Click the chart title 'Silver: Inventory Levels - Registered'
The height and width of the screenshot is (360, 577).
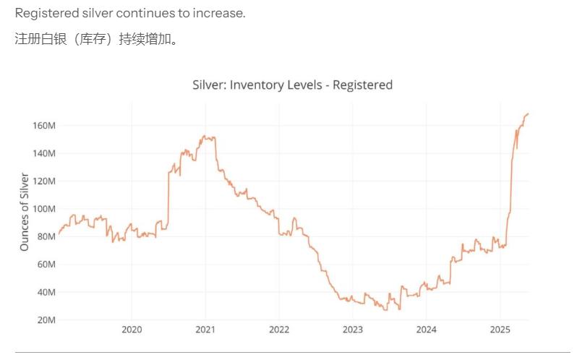click(292, 85)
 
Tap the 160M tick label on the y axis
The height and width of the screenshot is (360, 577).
click(44, 126)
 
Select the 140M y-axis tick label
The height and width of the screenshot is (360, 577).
click(44, 153)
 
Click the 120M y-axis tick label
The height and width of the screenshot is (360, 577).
click(44, 181)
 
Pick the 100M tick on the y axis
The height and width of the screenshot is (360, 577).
click(44, 209)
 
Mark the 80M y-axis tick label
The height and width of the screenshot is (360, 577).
click(46, 236)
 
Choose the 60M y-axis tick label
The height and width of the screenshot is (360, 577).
click(46, 265)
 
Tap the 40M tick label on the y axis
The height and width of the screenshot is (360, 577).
click(46, 292)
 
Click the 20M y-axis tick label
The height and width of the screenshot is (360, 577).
click(46, 320)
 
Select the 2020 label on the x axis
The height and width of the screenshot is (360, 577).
click(132, 330)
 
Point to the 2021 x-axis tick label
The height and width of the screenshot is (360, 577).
click(205, 330)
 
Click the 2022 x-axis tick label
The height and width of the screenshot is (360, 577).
click(279, 330)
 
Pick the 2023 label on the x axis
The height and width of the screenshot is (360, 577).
click(353, 330)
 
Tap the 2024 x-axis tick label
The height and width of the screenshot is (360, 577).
click(427, 330)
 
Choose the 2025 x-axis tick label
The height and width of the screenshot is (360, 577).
click(500, 330)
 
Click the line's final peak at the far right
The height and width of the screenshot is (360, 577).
click(528, 113)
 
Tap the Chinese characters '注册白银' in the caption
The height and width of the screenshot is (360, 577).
click(38, 39)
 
